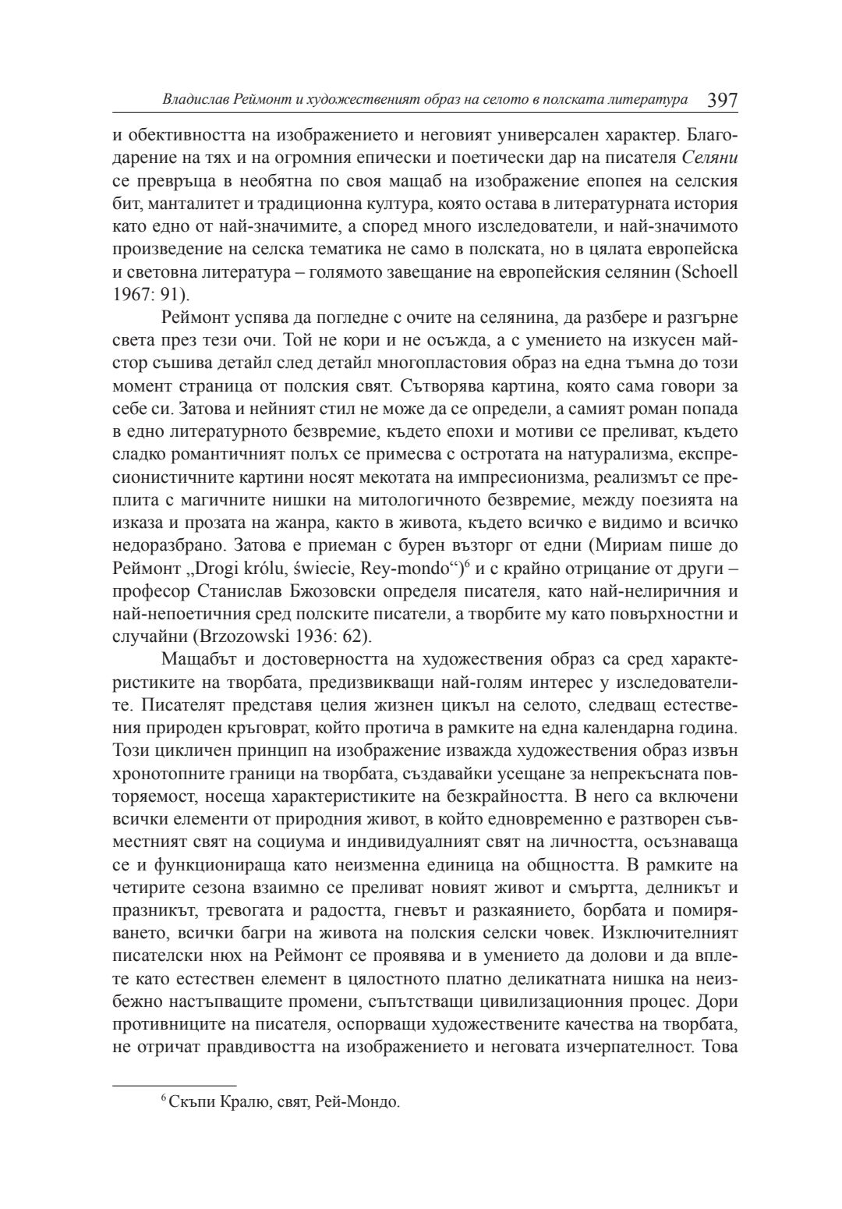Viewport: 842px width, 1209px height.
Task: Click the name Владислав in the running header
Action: pyautogui.click(x=195, y=101)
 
